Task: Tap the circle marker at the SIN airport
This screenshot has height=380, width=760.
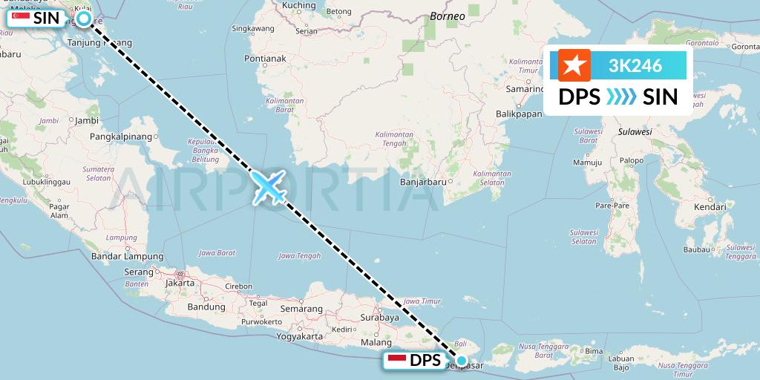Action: (84, 19)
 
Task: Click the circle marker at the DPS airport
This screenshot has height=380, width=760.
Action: (462, 361)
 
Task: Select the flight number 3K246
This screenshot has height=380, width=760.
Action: (635, 65)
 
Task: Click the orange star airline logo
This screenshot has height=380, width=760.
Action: (574, 65)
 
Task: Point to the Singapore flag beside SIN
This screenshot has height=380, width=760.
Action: (21, 19)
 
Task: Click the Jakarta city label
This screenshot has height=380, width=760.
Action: (180, 283)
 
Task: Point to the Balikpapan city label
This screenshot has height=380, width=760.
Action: (519, 114)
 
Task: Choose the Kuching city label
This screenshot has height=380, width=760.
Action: (299, 6)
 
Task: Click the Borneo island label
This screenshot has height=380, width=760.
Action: (448, 16)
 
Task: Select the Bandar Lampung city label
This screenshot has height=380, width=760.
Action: (121, 257)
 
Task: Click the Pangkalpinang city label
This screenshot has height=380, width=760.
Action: (120, 137)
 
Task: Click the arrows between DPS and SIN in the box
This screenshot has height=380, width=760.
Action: (618, 97)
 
